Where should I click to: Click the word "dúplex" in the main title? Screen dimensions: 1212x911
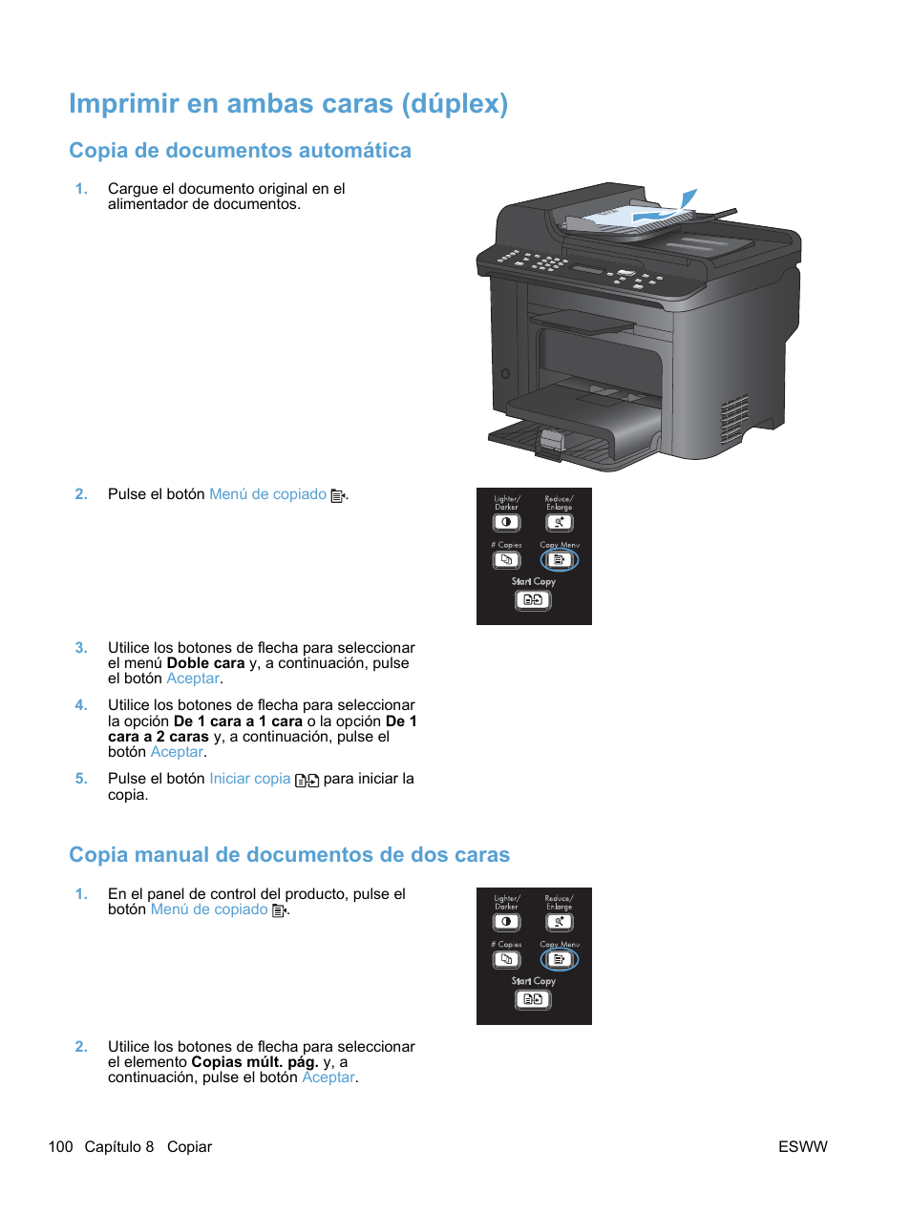pos(454,103)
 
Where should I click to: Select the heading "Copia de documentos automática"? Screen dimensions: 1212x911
pos(240,151)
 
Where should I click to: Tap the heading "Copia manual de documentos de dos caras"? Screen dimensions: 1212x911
pos(288,855)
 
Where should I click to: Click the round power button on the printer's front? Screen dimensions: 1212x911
pos(505,373)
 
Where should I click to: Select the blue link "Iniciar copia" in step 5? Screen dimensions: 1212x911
pos(249,779)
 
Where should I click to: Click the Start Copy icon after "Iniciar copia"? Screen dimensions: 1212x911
pos(307,781)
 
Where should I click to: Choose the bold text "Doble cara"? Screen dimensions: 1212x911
pos(205,663)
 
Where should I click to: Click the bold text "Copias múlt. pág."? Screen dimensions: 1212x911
pos(254,1062)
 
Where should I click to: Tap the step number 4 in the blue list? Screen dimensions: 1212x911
pos(81,705)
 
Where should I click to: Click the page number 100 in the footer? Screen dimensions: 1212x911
pos(60,1147)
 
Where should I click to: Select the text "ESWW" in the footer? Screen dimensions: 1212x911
pos(802,1147)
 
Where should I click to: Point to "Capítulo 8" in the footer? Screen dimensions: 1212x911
pos(119,1147)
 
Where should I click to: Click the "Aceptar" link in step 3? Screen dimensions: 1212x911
pos(193,679)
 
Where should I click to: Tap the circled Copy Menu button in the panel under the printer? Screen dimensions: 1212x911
pos(560,560)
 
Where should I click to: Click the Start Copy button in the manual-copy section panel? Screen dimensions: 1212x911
pos(533,999)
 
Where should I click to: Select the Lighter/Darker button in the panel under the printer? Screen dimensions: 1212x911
pos(506,522)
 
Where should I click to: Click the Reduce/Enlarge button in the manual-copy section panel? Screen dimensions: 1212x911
pos(559,922)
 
